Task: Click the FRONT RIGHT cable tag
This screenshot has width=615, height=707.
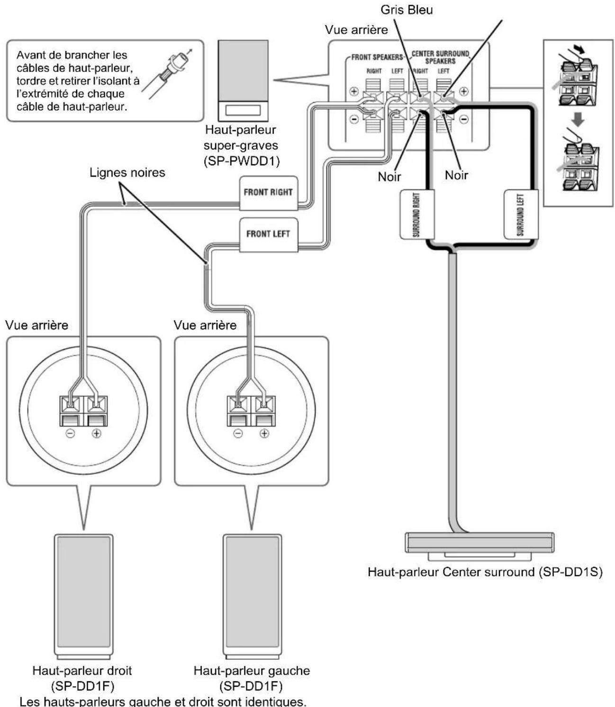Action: tap(268, 193)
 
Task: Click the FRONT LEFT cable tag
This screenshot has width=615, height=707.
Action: tap(268, 234)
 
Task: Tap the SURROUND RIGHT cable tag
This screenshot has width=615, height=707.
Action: tap(416, 214)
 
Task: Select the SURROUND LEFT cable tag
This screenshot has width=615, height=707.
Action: tap(521, 214)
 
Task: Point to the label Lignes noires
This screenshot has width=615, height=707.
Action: tap(127, 172)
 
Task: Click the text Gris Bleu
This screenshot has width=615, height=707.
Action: tap(407, 9)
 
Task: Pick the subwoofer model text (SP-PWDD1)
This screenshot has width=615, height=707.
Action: tap(241, 161)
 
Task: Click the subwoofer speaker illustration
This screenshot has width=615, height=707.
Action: tap(243, 81)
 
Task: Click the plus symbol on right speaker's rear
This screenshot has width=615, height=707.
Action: tap(97, 433)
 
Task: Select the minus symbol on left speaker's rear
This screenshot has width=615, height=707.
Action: tap(238, 433)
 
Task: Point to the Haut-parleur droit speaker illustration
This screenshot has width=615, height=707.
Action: tap(83, 597)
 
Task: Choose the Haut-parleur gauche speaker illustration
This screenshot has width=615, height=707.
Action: tap(252, 597)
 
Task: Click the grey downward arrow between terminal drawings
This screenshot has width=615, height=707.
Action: tap(577, 119)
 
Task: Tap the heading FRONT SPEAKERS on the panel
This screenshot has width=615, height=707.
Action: tap(377, 57)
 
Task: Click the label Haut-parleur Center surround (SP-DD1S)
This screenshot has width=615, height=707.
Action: tap(485, 572)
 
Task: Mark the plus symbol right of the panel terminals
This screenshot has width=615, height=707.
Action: tap(463, 91)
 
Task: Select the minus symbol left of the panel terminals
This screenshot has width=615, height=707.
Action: tap(354, 119)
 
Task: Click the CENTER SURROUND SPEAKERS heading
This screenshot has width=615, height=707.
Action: tap(440, 57)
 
